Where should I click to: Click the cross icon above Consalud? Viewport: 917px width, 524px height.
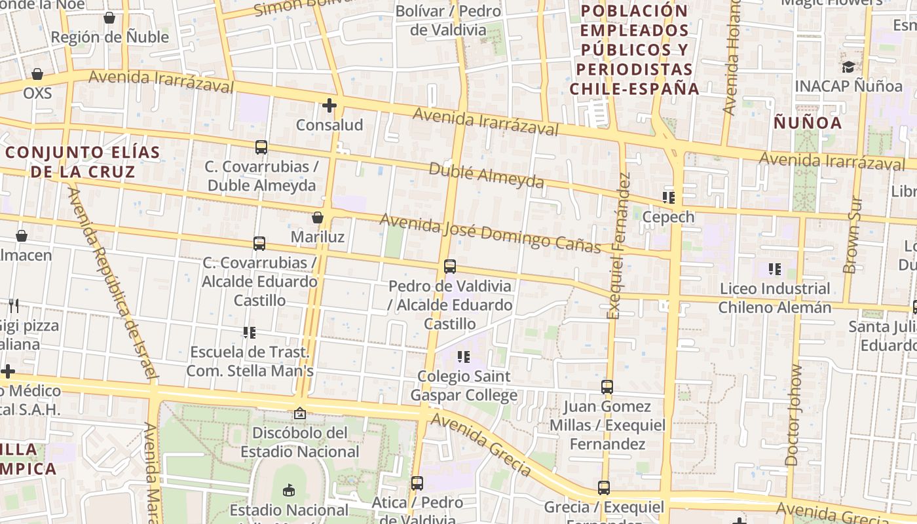tap(329, 105)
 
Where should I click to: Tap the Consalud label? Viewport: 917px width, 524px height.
tap(329, 124)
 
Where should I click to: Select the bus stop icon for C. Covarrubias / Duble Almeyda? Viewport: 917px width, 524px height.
tap(261, 147)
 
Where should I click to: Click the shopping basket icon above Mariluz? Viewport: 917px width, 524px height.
tap(318, 217)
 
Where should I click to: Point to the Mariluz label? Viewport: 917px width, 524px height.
tap(318, 236)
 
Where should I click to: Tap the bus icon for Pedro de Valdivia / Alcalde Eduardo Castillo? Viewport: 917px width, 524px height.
tap(450, 267)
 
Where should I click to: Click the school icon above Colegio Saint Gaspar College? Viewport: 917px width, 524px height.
tap(464, 357)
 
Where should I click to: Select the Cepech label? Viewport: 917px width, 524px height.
tap(668, 217)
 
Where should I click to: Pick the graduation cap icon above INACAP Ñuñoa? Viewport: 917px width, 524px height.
tap(849, 67)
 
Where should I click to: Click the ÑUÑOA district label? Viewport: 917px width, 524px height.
tap(808, 122)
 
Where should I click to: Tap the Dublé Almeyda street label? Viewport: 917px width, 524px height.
tap(486, 175)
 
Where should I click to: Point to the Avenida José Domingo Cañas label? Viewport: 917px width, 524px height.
tap(490, 233)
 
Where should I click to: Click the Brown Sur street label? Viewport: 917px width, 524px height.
tap(853, 234)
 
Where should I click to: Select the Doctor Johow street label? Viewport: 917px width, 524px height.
tap(794, 415)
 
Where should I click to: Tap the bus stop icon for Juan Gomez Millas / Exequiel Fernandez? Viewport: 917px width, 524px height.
tap(607, 387)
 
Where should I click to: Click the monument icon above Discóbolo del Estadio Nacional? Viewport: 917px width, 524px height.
tap(300, 413)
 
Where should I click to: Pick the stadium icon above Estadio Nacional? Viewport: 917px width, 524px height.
tap(288, 490)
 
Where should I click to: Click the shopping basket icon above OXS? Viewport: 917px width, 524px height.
tap(37, 74)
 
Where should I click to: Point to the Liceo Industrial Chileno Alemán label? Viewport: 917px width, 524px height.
tap(775, 298)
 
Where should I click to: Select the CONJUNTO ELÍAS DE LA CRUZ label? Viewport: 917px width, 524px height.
tap(83, 162)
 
